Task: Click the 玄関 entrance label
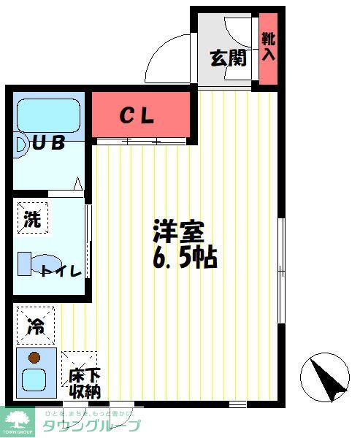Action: [229, 58]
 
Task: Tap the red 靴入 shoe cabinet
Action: [268, 47]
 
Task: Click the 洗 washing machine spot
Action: [33, 218]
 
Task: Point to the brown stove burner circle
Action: [33, 358]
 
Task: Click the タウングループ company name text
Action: [91, 426]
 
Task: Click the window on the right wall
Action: [281, 270]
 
